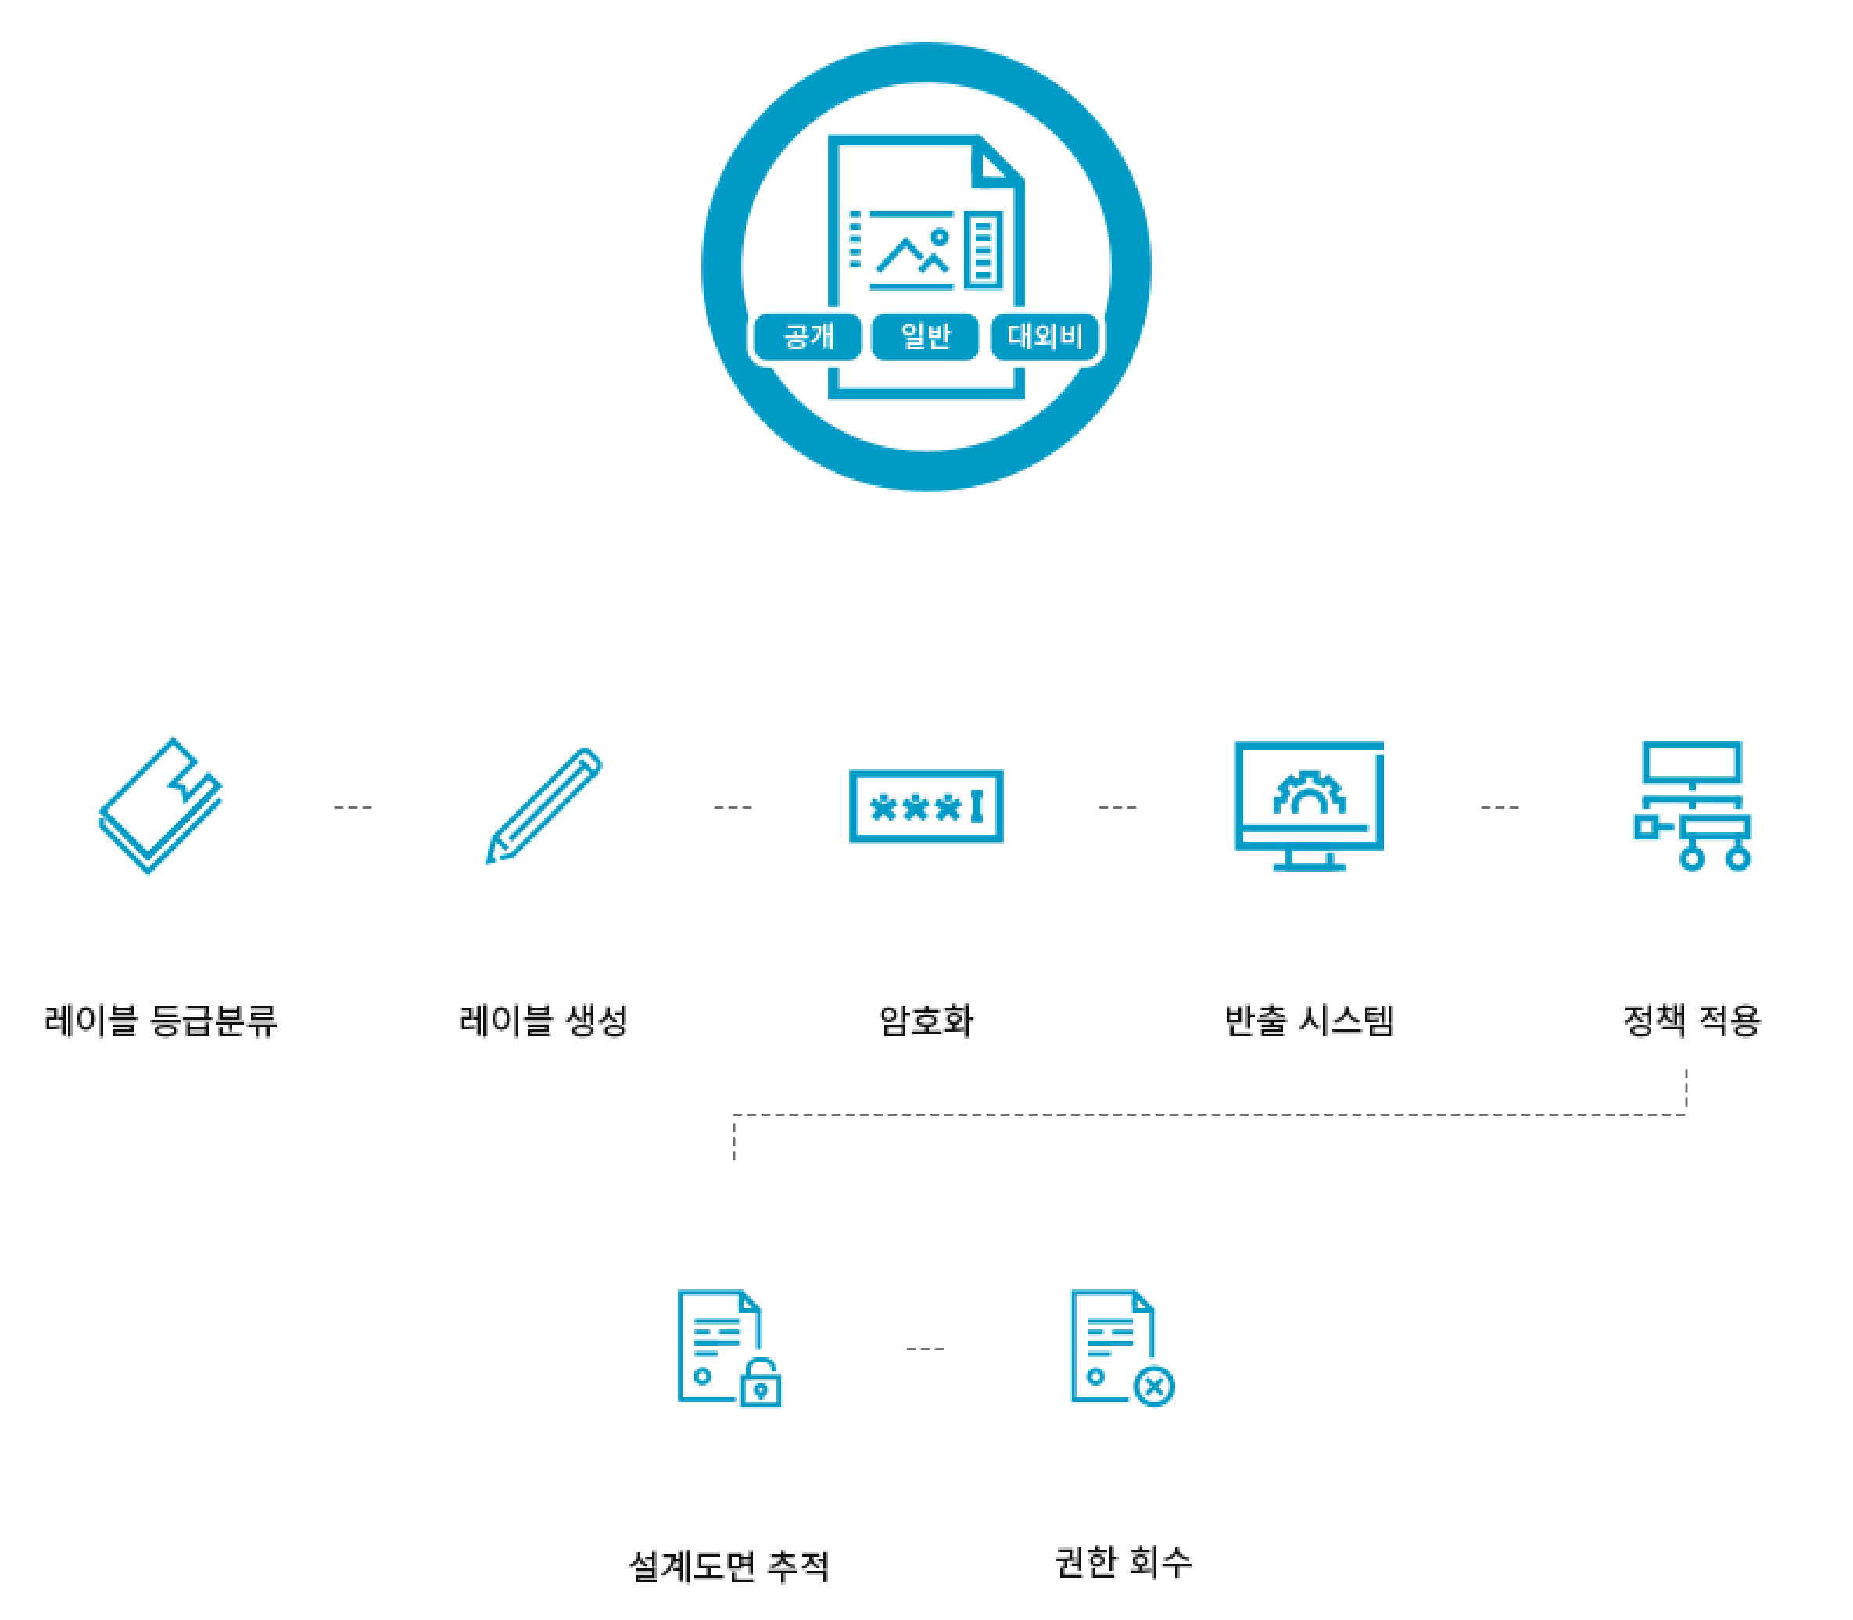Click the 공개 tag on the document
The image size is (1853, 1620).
(808, 337)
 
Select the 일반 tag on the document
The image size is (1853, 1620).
(925, 337)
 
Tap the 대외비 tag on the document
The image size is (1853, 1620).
(1045, 337)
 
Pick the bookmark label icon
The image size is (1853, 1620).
(161, 806)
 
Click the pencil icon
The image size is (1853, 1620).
(543, 806)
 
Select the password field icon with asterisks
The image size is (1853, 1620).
(926, 806)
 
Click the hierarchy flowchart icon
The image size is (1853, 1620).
(1692, 806)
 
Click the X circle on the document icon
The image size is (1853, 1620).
(1154, 1386)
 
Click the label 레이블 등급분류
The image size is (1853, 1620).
(160, 1020)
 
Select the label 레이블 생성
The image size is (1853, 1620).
(543, 1020)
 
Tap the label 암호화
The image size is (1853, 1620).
(926, 1020)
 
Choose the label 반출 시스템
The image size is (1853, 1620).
(1309, 1020)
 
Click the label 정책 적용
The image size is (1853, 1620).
(1692, 1020)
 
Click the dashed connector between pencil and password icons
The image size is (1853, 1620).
(733, 806)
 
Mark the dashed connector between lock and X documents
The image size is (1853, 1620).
(925, 1349)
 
